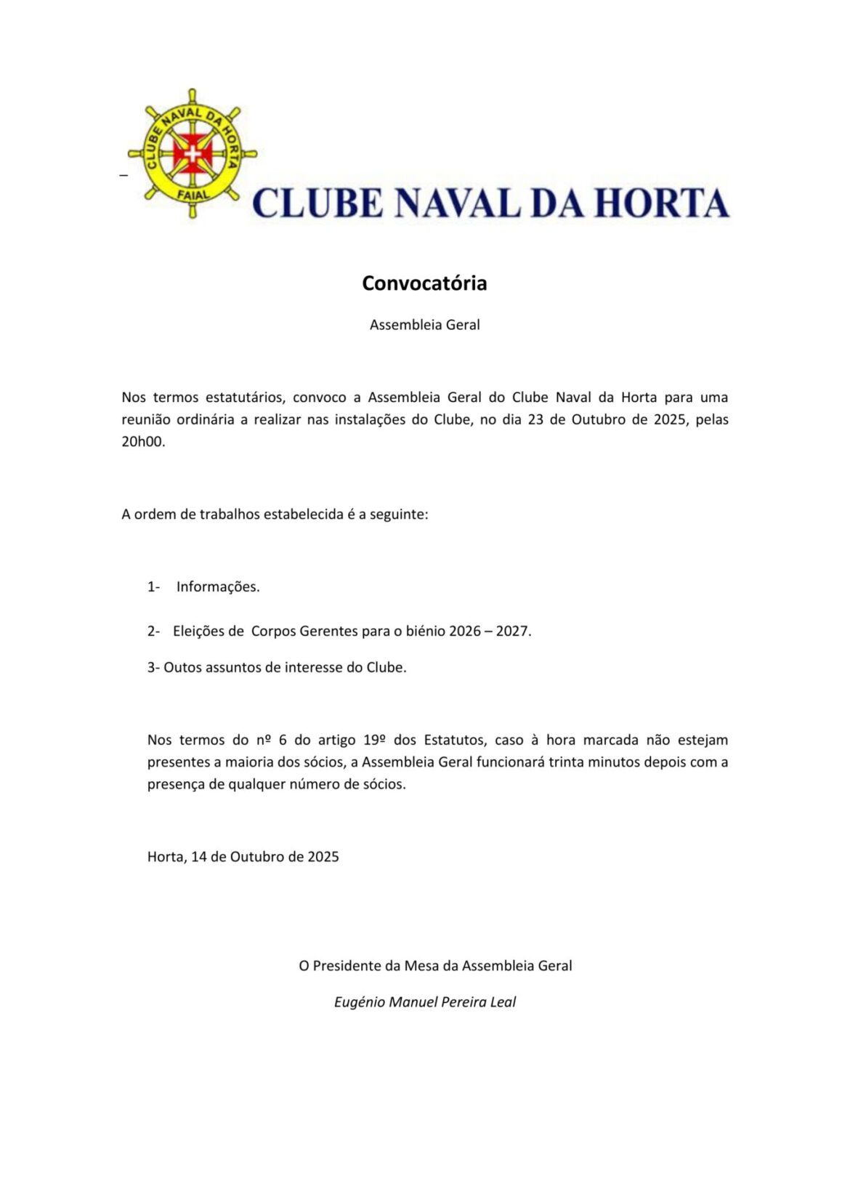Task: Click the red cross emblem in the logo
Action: (x=192, y=153)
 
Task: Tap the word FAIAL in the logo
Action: (x=193, y=195)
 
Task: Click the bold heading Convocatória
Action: (x=424, y=283)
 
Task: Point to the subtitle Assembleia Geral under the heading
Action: (x=424, y=325)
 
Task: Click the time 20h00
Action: (x=143, y=441)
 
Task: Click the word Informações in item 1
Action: (x=218, y=586)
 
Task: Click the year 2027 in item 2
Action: (x=513, y=631)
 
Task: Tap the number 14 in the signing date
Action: (x=199, y=856)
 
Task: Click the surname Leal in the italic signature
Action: (x=501, y=1002)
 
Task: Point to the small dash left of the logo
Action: (x=123, y=175)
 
